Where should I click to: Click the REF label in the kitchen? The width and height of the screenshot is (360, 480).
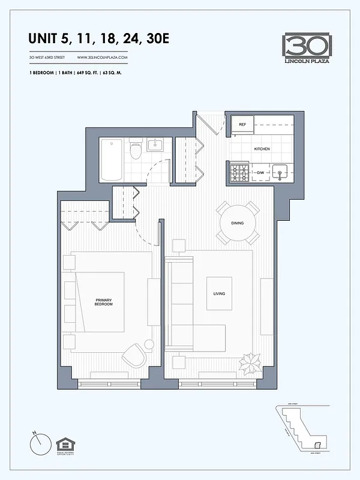pyautogui.click(x=242, y=124)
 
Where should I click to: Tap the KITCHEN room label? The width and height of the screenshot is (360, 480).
pyautogui.click(x=262, y=149)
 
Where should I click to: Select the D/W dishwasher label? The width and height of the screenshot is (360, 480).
pyautogui.click(x=260, y=173)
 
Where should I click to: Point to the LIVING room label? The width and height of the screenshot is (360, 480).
pyautogui.click(x=218, y=293)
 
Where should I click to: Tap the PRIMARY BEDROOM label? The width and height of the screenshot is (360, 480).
pyautogui.click(x=104, y=302)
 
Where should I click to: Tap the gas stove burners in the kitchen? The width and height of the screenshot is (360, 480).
pyautogui.click(x=240, y=173)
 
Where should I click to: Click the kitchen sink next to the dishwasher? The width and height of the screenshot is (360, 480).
pyautogui.click(x=280, y=173)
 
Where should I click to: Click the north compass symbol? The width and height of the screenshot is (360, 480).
pyautogui.click(x=38, y=445)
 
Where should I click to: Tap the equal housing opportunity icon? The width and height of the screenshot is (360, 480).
pyautogui.click(x=64, y=446)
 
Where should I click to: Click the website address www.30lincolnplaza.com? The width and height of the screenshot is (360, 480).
pyautogui.click(x=103, y=57)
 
